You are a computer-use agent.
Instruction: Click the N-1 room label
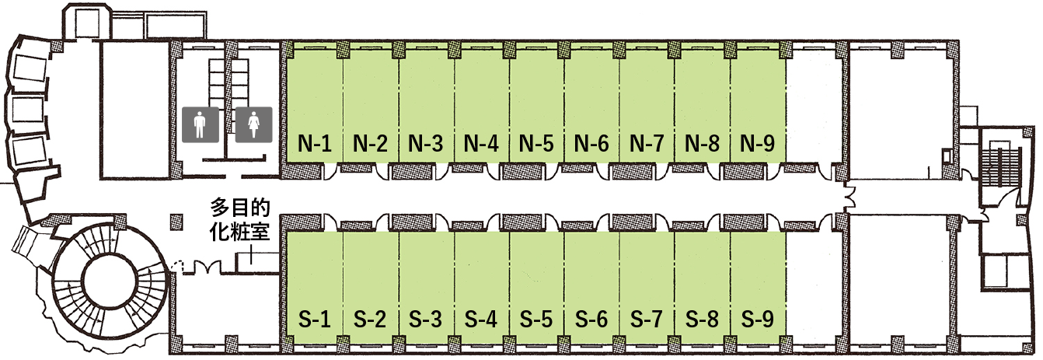coord(314,143)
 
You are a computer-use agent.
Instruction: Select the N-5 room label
coord(536,143)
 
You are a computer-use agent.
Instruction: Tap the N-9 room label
coord(758,143)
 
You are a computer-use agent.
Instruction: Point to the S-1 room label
coord(314,320)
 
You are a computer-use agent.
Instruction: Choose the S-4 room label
coord(481,320)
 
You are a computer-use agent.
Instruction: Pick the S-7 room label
coord(647,320)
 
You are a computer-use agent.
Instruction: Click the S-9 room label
coord(758,320)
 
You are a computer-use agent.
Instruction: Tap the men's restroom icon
coord(201,124)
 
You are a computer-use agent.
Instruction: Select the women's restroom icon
coord(253,124)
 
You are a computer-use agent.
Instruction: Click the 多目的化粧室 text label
coord(240,219)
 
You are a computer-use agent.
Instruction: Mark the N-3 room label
coord(426,143)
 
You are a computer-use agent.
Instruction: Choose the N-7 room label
coord(647,143)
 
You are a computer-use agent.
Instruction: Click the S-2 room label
coord(370,320)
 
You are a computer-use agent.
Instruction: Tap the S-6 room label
coord(591,320)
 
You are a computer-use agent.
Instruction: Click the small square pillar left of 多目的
coord(176,222)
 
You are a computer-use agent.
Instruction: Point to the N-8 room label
coord(702,143)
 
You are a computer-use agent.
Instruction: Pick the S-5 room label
coord(536,320)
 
